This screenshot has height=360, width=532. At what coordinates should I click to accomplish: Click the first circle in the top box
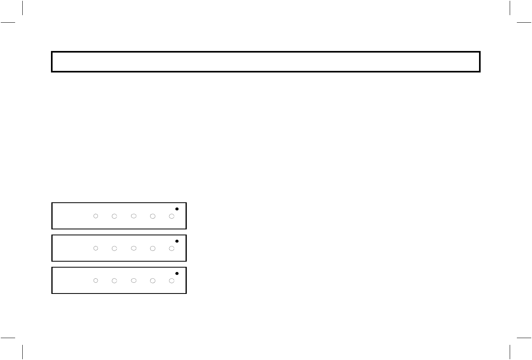(x=96, y=216)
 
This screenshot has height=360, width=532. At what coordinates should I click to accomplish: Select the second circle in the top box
(x=114, y=216)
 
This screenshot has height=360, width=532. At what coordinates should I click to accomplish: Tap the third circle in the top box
(x=133, y=216)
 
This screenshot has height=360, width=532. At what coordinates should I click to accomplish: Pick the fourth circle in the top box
(x=153, y=216)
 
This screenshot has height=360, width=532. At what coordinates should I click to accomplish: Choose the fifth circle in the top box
(x=172, y=216)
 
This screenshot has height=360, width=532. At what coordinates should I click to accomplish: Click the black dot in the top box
(x=177, y=209)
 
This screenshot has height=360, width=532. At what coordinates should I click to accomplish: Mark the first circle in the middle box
(x=96, y=248)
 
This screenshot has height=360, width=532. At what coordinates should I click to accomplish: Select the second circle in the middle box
(x=114, y=248)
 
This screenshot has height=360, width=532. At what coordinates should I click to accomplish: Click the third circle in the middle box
(x=133, y=248)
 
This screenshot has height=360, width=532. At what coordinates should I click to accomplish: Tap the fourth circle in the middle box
(x=153, y=248)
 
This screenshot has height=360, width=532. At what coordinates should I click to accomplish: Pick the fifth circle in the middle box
(x=172, y=248)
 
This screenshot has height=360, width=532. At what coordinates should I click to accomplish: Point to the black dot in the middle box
(x=177, y=241)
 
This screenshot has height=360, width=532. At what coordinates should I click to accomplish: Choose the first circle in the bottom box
(x=96, y=281)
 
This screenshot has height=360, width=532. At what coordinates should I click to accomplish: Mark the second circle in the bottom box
(x=114, y=281)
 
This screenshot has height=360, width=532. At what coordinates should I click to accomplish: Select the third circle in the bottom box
(x=133, y=281)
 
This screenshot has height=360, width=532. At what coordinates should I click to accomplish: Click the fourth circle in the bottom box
(x=153, y=281)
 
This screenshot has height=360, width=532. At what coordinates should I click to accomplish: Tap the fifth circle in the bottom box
(x=172, y=281)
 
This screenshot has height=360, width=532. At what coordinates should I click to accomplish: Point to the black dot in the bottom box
(x=177, y=274)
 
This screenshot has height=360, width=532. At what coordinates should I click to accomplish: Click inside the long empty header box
(x=266, y=62)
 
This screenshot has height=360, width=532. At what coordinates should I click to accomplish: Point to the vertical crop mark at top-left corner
(x=23, y=8)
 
